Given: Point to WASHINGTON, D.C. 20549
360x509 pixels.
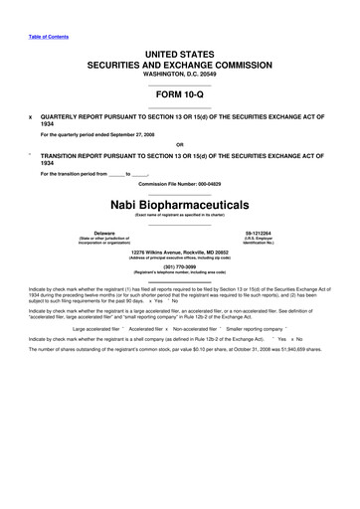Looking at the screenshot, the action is pyautogui.click(x=179, y=73).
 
